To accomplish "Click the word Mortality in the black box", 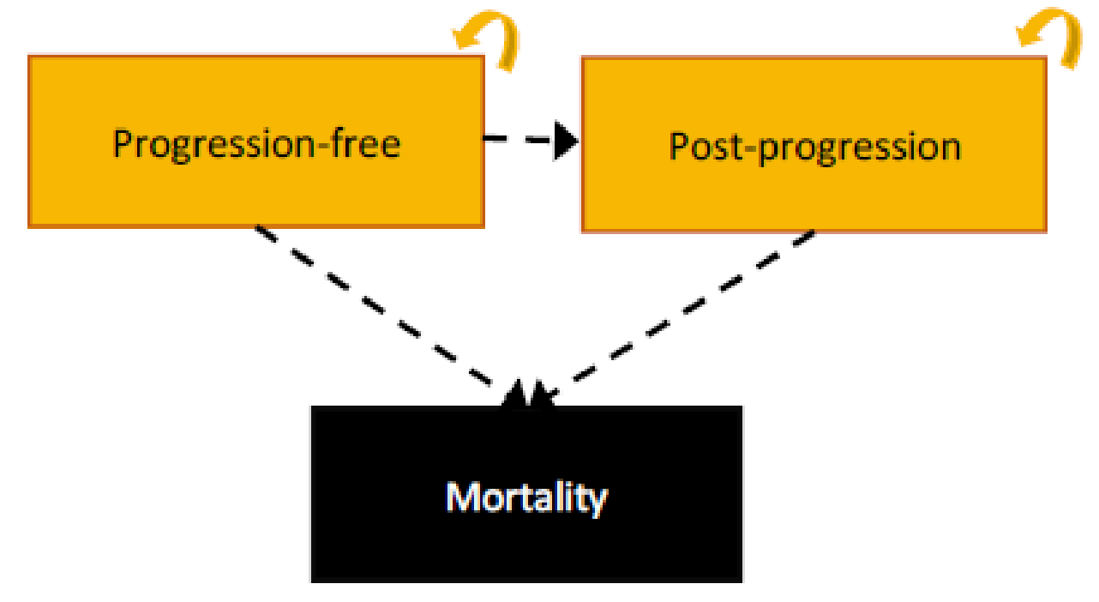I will tap(526, 497).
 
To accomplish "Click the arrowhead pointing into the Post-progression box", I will tap(566, 141).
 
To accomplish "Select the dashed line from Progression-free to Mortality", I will tap(377, 309).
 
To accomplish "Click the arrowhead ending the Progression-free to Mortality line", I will tap(515, 394).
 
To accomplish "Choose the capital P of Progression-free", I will tap(123, 143).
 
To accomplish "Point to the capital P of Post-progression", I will tap(678, 147).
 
